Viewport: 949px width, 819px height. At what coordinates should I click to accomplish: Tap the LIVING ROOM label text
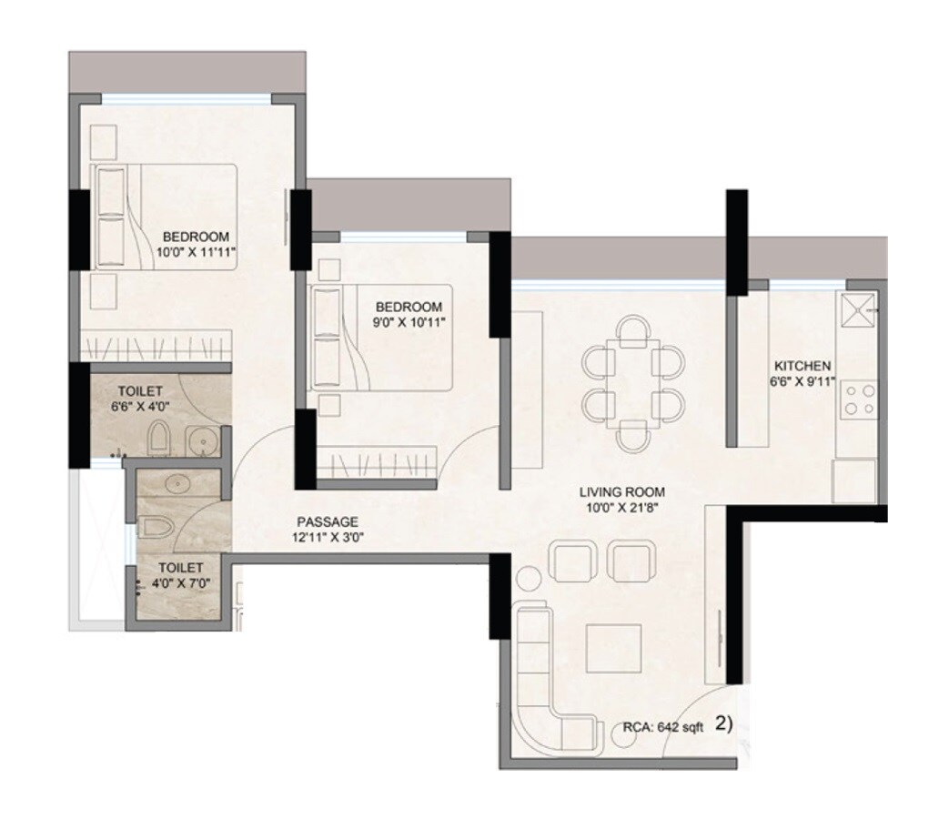(619, 492)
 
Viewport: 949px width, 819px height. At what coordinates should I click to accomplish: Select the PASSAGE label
(327, 521)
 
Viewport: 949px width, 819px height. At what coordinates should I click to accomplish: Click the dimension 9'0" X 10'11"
(408, 321)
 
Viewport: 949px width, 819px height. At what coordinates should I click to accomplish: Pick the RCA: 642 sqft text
(663, 726)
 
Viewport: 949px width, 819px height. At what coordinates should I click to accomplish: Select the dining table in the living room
(633, 381)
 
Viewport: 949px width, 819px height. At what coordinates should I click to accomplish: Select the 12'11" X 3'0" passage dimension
(327, 537)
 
